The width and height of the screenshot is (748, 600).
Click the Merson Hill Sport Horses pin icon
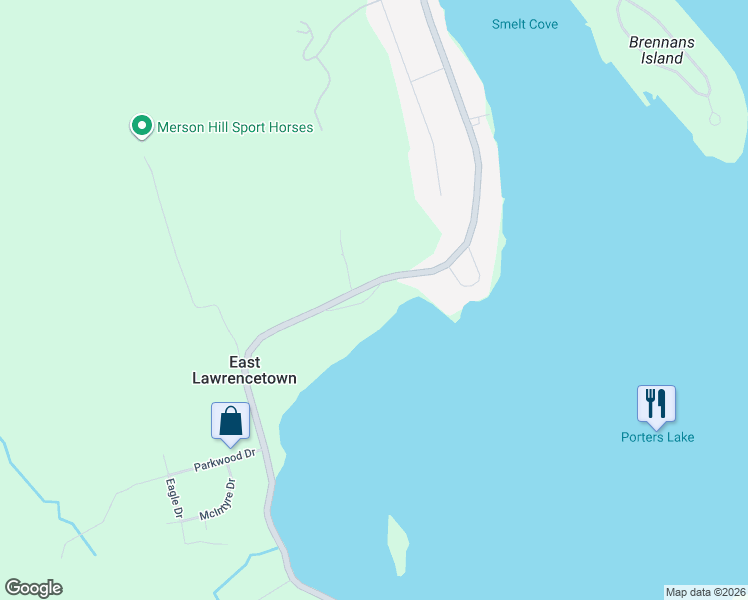[x=141, y=126]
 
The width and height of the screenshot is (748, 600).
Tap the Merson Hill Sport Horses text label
[x=235, y=127]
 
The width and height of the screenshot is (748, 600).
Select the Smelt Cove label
[x=525, y=24]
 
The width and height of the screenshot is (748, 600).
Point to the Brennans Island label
[x=661, y=50]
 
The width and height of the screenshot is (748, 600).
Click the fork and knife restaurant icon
[x=656, y=403]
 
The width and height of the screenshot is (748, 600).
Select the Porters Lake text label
[x=657, y=437]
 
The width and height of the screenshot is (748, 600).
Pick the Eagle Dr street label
[x=173, y=498]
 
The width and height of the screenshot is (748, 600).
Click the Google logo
[x=33, y=588]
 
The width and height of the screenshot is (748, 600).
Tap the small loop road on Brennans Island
[x=714, y=119]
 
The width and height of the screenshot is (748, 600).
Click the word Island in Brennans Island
[x=662, y=58]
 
